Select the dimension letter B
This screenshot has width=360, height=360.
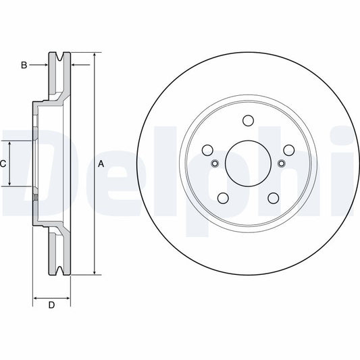click(24, 65)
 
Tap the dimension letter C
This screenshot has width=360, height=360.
click(3, 163)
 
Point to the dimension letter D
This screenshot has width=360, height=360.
click(51, 306)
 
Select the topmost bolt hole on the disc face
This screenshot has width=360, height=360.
click(247, 122)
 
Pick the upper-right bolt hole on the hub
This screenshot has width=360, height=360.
click(288, 150)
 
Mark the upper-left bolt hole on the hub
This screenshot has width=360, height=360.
click(207, 150)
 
